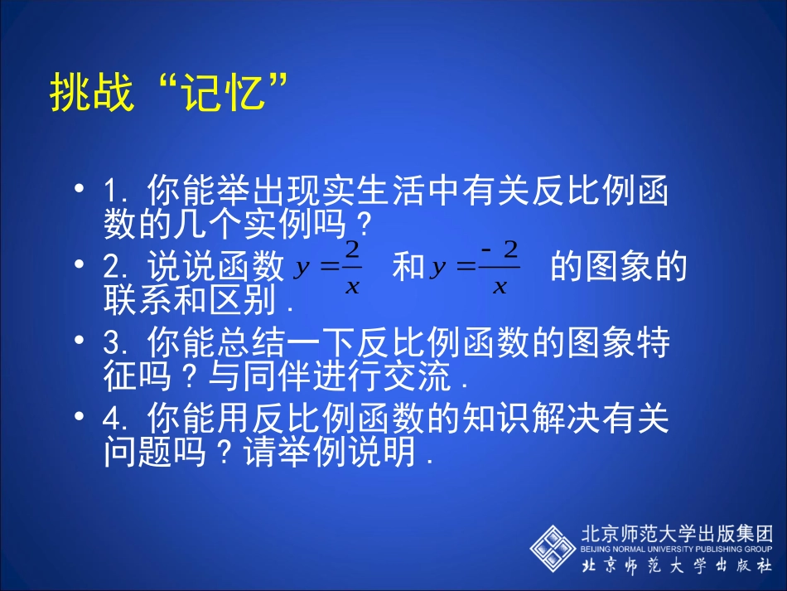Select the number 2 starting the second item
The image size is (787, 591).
pos(112,269)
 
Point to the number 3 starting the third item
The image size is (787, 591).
pos(112,344)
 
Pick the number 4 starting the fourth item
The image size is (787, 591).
pos(112,420)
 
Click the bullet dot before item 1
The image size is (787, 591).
pos(80,189)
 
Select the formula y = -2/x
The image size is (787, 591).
pos(475,269)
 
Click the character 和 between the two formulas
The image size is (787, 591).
pos(408,269)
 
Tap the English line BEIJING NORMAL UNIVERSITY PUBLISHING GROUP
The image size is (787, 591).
pos(678,549)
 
